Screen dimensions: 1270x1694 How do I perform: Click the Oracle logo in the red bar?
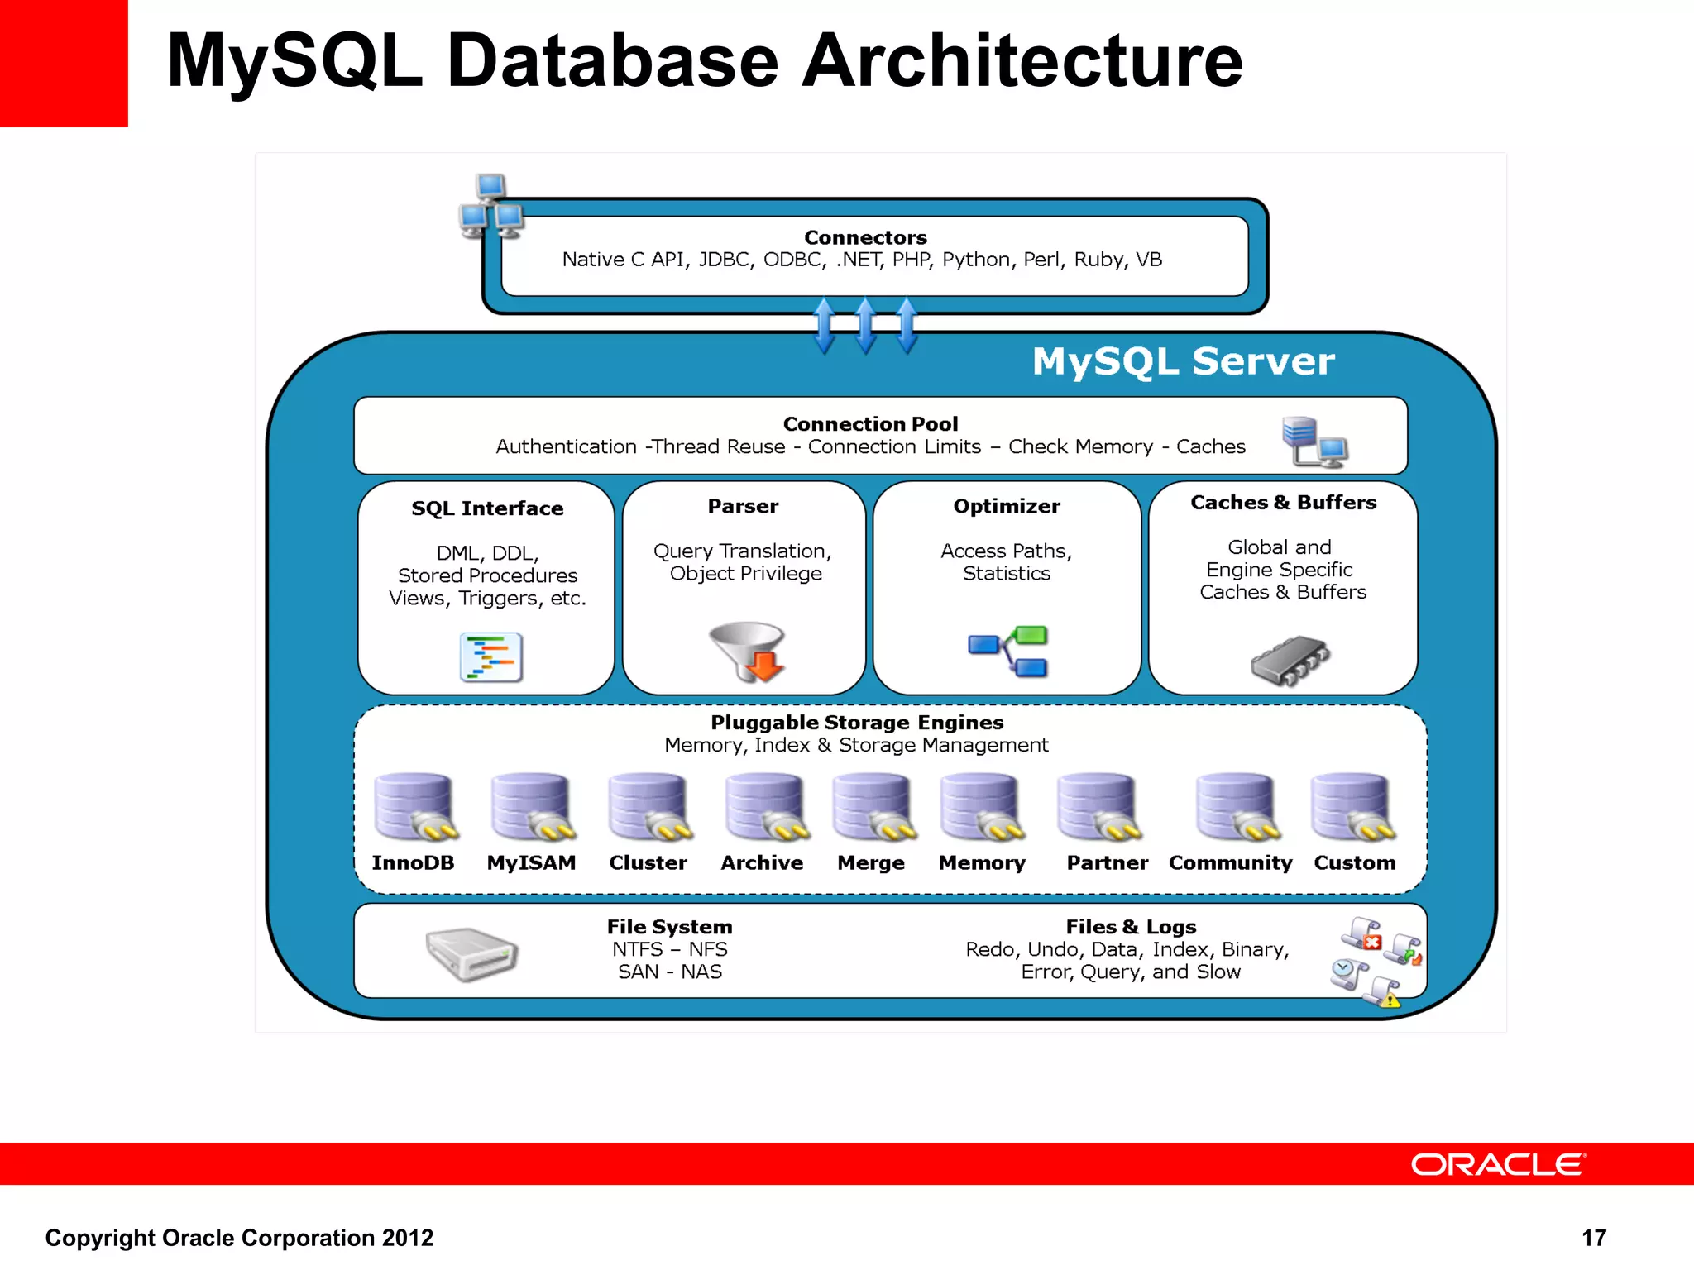pos(1497,1164)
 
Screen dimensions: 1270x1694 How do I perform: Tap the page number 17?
pos(1593,1238)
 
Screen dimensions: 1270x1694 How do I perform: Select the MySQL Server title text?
pos(1183,361)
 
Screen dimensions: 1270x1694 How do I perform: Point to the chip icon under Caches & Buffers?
pos(1290,660)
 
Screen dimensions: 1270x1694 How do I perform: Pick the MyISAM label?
pos(531,862)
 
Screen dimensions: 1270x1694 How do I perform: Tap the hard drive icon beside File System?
pos(471,952)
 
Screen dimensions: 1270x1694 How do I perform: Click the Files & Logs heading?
pos(1131,927)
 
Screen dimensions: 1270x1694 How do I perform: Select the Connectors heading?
pos(865,237)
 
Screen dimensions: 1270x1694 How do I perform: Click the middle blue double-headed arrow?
pos(865,326)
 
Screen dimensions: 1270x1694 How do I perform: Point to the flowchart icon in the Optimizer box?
pos(1008,652)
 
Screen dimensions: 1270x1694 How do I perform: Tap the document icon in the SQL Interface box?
pos(490,657)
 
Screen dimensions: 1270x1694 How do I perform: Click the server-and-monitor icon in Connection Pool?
pos(1314,442)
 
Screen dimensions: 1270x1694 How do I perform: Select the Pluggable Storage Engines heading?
pos(857,722)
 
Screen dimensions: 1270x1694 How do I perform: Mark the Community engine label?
pos(1230,862)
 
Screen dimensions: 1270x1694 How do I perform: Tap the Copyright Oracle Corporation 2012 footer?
pos(239,1238)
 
